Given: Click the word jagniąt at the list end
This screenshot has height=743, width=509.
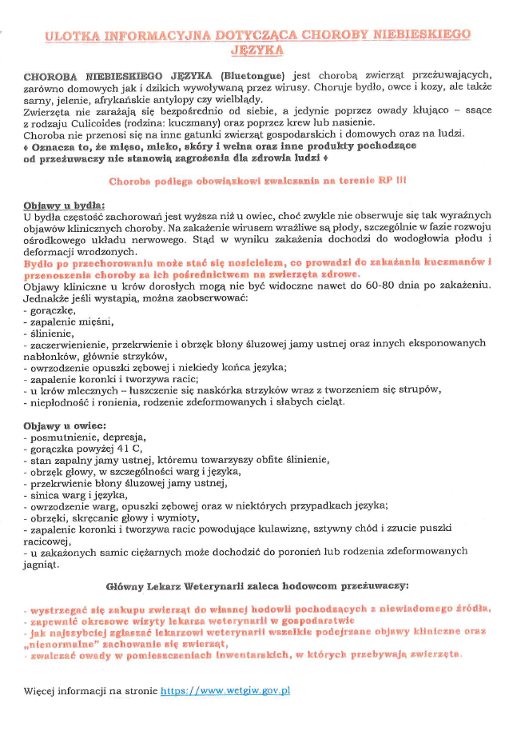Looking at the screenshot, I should pyautogui.click(x=42, y=565).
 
